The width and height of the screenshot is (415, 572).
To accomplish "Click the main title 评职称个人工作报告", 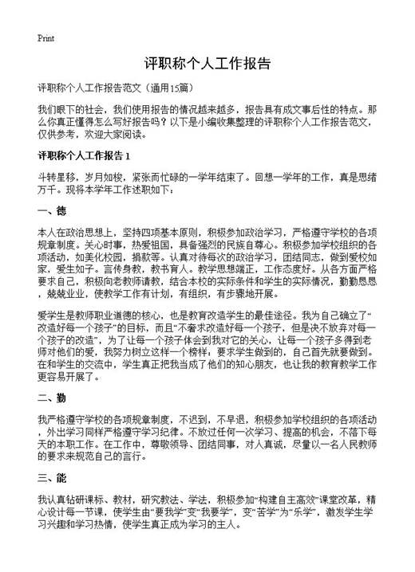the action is [207, 63].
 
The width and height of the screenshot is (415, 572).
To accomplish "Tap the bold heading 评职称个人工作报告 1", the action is [89, 155].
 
